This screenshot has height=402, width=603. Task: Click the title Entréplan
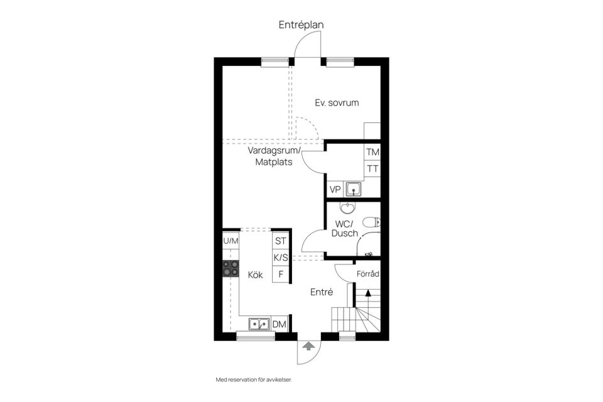(301, 25)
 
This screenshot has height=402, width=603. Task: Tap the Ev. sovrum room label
(337, 102)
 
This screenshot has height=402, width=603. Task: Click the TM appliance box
(372, 153)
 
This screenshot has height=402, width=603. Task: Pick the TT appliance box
(372, 169)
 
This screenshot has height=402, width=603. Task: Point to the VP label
(335, 189)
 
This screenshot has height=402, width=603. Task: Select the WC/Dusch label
(344, 229)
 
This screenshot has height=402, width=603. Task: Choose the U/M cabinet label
(231, 241)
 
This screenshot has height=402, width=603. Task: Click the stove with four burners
(231, 269)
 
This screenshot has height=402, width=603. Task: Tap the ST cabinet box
(280, 241)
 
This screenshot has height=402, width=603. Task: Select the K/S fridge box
(280, 258)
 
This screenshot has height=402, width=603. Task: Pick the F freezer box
(280, 274)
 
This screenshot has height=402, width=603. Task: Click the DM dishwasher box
(280, 324)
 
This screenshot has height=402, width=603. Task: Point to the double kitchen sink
(259, 324)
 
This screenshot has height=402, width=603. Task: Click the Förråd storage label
(367, 274)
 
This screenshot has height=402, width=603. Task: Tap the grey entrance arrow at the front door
(308, 345)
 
